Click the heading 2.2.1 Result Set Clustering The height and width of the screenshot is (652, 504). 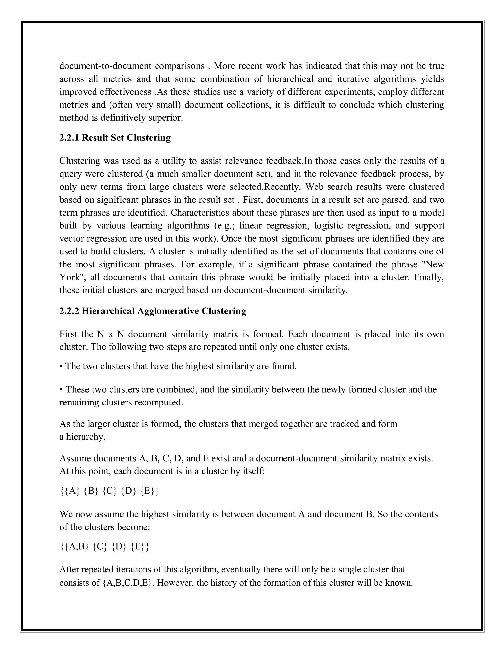point(115,138)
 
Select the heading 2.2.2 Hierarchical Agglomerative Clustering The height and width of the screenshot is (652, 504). point(153,311)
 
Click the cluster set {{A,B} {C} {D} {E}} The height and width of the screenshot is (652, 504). point(104,546)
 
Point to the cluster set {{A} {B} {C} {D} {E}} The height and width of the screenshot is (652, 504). point(109,491)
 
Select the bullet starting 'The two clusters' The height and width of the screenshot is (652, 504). point(178,366)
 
